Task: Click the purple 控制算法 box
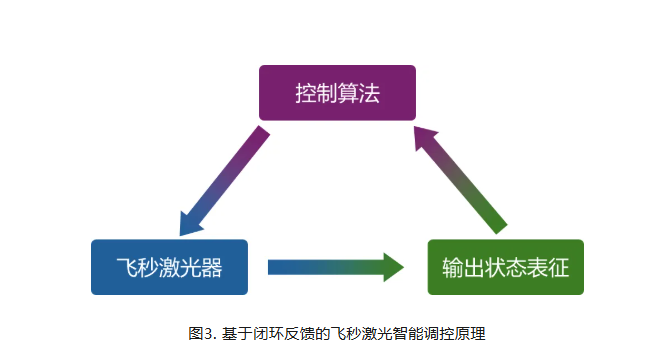pyautogui.click(x=337, y=92)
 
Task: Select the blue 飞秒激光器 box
pyautogui.click(x=169, y=267)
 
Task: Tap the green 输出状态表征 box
pyautogui.click(x=505, y=267)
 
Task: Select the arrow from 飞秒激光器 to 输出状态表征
pyautogui.click(x=335, y=267)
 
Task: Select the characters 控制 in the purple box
pyautogui.click(x=315, y=93)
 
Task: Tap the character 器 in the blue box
pyautogui.click(x=211, y=268)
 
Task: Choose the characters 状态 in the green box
pyautogui.click(x=505, y=268)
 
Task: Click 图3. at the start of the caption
pyautogui.click(x=201, y=331)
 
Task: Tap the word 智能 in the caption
pyautogui.click(x=405, y=331)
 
